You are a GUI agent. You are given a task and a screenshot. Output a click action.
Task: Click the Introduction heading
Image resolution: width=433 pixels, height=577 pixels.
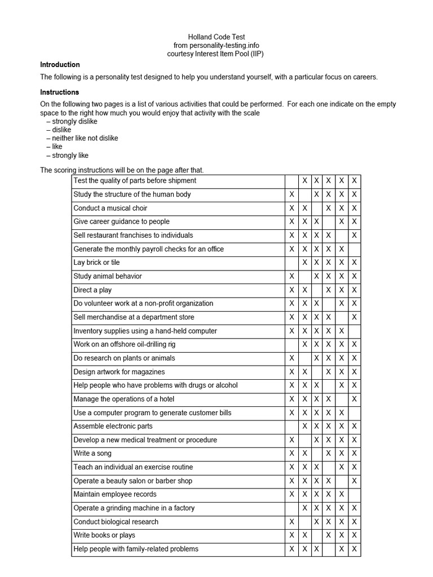pyautogui.click(x=60, y=65)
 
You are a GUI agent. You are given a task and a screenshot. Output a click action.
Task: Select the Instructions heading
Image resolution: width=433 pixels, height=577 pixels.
pyautogui.click(x=59, y=92)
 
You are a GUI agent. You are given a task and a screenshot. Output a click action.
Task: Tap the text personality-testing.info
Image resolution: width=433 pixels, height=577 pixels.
pyautogui.click(x=224, y=45)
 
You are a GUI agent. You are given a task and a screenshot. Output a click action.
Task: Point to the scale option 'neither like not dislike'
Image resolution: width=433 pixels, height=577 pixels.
pyautogui.click(x=85, y=138)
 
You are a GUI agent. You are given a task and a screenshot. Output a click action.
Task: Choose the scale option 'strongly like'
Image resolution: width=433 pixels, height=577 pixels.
pyautogui.click(x=70, y=156)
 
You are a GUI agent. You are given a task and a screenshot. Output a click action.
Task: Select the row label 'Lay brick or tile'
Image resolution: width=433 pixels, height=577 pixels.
pyautogui.click(x=96, y=263)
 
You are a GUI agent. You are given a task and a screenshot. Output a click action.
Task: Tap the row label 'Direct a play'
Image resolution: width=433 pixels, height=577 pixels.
pyautogui.click(x=92, y=290)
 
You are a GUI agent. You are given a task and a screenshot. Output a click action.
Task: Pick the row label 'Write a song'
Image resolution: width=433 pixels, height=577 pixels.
pyautogui.click(x=92, y=454)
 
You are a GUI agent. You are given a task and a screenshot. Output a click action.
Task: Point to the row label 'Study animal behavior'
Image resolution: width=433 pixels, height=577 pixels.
pyautogui.click(x=108, y=276)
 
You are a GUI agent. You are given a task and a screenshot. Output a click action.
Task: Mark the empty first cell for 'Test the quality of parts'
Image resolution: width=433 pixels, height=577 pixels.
pyautogui.click(x=291, y=181)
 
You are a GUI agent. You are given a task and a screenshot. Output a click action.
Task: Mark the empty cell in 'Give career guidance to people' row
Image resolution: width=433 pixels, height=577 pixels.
pyautogui.click(x=329, y=221)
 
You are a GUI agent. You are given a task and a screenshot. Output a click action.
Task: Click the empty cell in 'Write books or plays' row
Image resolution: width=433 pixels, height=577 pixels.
pyautogui.click(x=317, y=535)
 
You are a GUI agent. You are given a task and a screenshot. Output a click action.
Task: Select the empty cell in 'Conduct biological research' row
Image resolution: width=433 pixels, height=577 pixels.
pyautogui.click(x=304, y=522)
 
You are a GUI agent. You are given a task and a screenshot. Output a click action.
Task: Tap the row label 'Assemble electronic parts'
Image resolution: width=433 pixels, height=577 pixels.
pyautogui.click(x=113, y=426)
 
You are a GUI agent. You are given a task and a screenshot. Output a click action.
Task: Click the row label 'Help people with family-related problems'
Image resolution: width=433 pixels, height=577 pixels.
pyautogui.click(x=136, y=549)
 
